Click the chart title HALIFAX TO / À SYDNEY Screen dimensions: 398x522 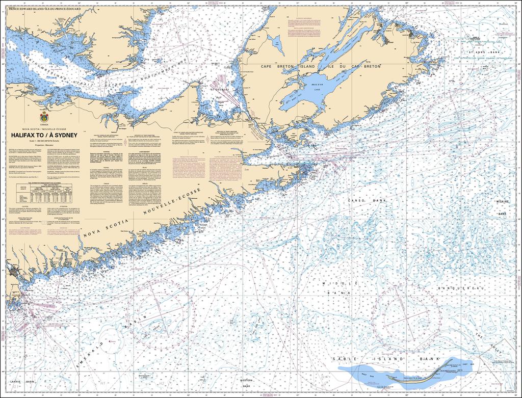pos(41,136)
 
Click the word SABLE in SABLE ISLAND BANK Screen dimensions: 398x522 pos(343,359)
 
